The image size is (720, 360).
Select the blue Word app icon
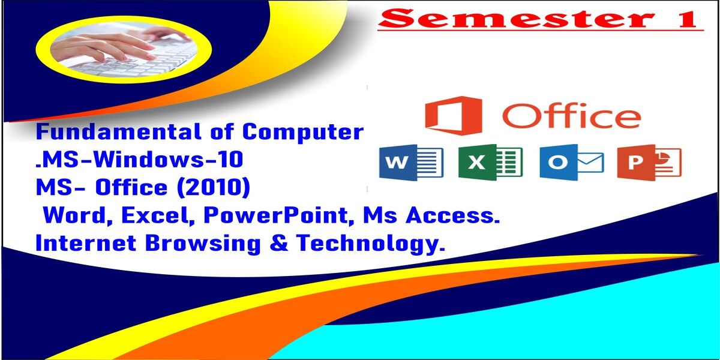click(x=412, y=162)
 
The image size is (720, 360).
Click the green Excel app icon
click(x=491, y=162)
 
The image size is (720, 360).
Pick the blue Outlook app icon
click(x=571, y=162)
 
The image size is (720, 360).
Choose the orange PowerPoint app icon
click(x=649, y=162)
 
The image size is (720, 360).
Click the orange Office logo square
click(x=454, y=115)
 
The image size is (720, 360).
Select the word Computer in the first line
click(x=303, y=133)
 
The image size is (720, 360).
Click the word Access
click(x=452, y=215)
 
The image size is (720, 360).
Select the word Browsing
click(x=203, y=244)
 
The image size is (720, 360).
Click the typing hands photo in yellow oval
click(x=124, y=50)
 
